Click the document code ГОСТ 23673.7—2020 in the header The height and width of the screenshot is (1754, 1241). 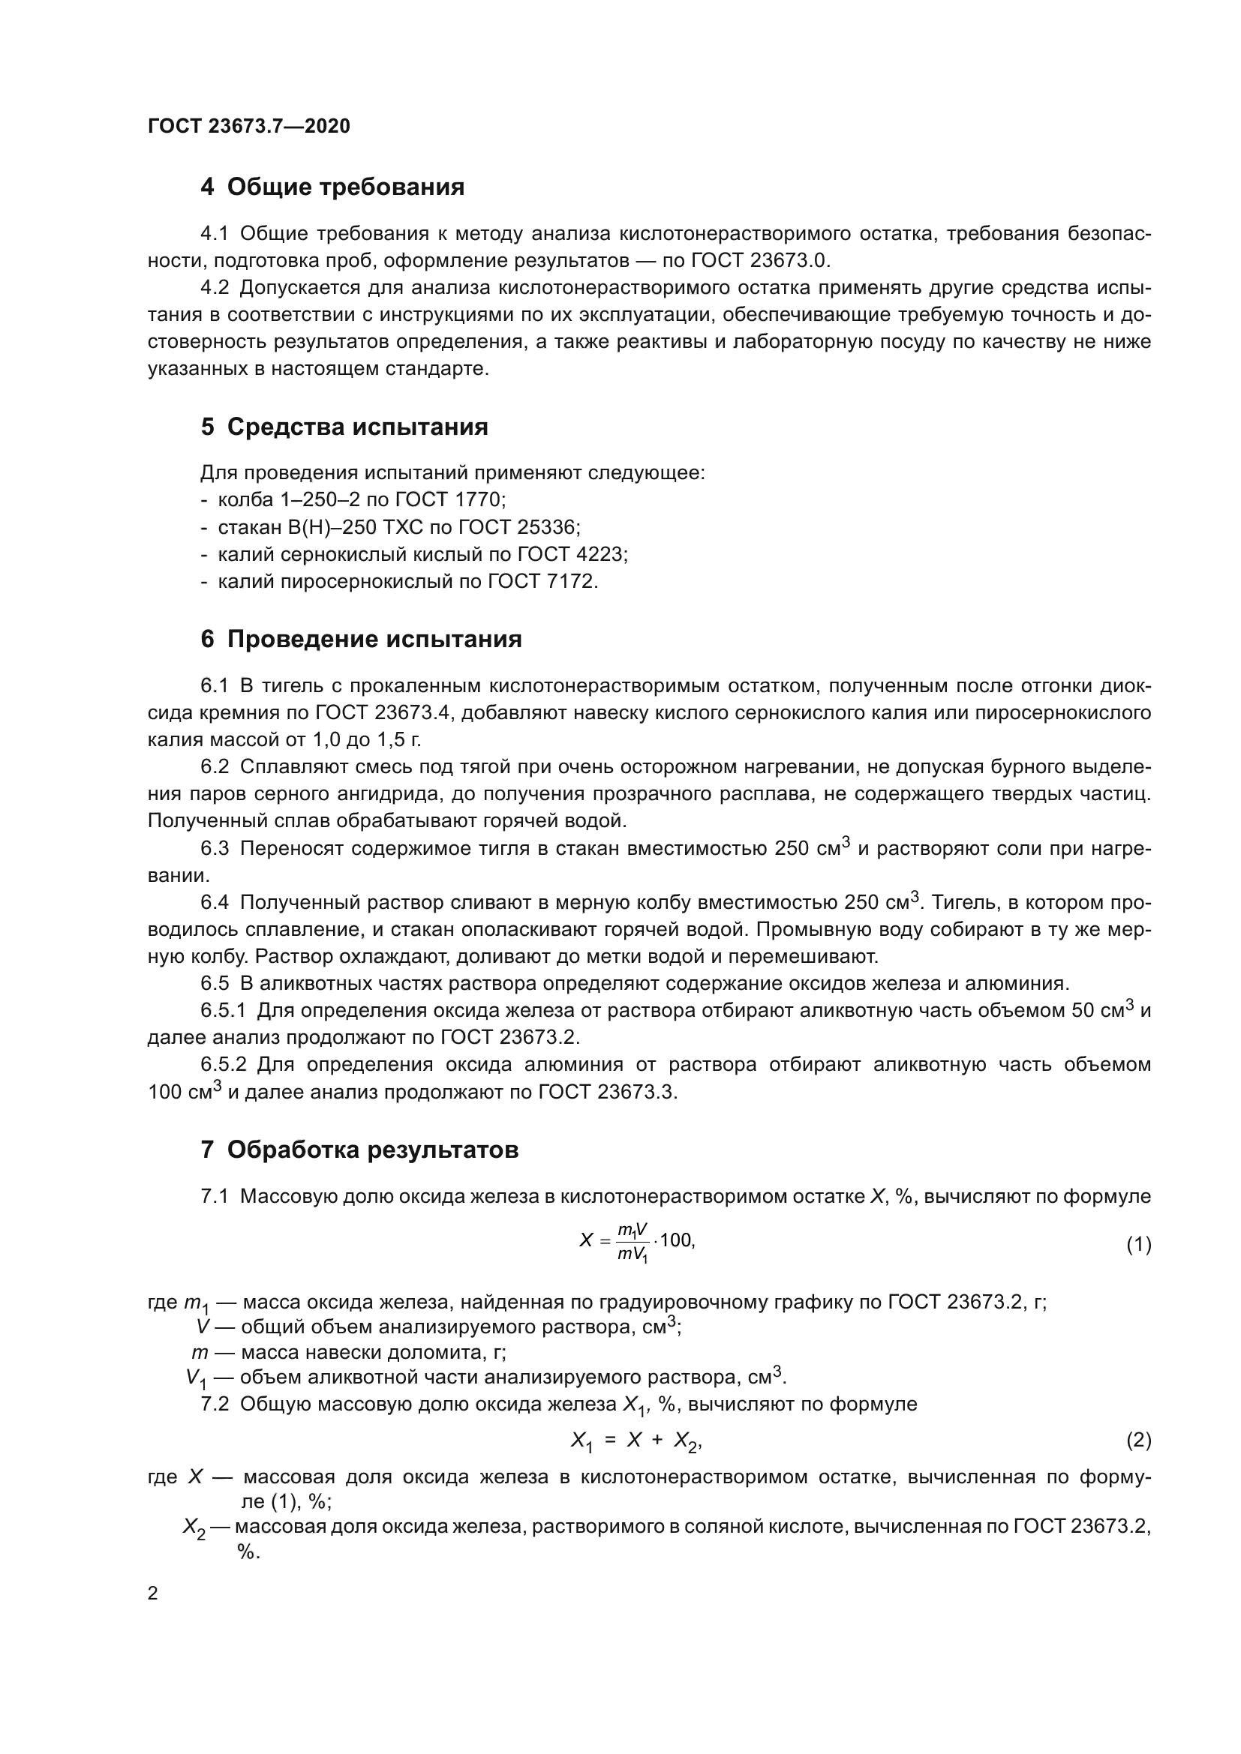pos(248,126)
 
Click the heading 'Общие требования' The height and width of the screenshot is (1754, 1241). pos(345,187)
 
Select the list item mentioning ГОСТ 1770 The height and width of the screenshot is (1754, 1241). pos(361,499)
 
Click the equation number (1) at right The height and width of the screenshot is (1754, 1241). pos(1138,1246)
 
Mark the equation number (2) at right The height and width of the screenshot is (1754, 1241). pos(1138,1440)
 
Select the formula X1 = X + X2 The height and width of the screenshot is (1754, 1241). pos(635,1441)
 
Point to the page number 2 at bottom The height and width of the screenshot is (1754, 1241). pos(153,1594)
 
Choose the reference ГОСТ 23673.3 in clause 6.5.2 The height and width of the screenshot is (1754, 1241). pos(608,1092)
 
